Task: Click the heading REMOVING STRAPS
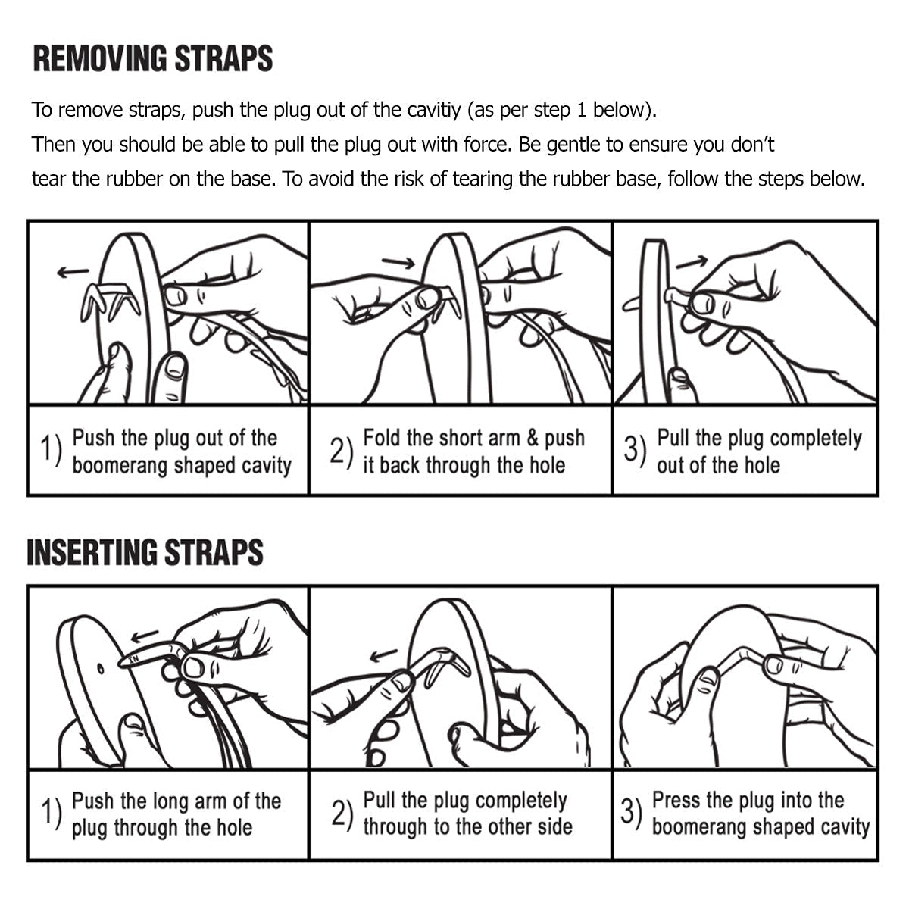pyautogui.click(x=153, y=59)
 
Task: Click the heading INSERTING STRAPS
pyautogui.click(x=145, y=552)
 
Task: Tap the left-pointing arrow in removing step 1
pyautogui.click(x=73, y=272)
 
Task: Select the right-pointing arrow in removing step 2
pyautogui.click(x=398, y=262)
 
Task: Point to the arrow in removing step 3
pyautogui.click(x=692, y=261)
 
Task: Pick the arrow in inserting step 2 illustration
pyautogui.click(x=383, y=655)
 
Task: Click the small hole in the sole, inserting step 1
pyautogui.click(x=101, y=670)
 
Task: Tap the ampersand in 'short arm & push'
pyautogui.click(x=533, y=438)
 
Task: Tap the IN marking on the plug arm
pyautogui.click(x=134, y=658)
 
